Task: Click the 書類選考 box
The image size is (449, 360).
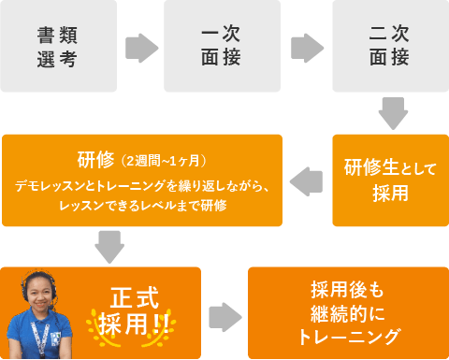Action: point(58,46)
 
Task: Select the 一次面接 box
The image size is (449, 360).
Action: point(222,46)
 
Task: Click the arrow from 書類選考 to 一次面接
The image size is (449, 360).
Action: point(141,47)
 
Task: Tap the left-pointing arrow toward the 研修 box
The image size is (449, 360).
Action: point(306,180)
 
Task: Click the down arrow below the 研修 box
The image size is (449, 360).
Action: point(109,246)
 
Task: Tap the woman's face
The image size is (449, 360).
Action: point(41,292)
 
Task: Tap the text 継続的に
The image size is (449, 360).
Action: point(347,312)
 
